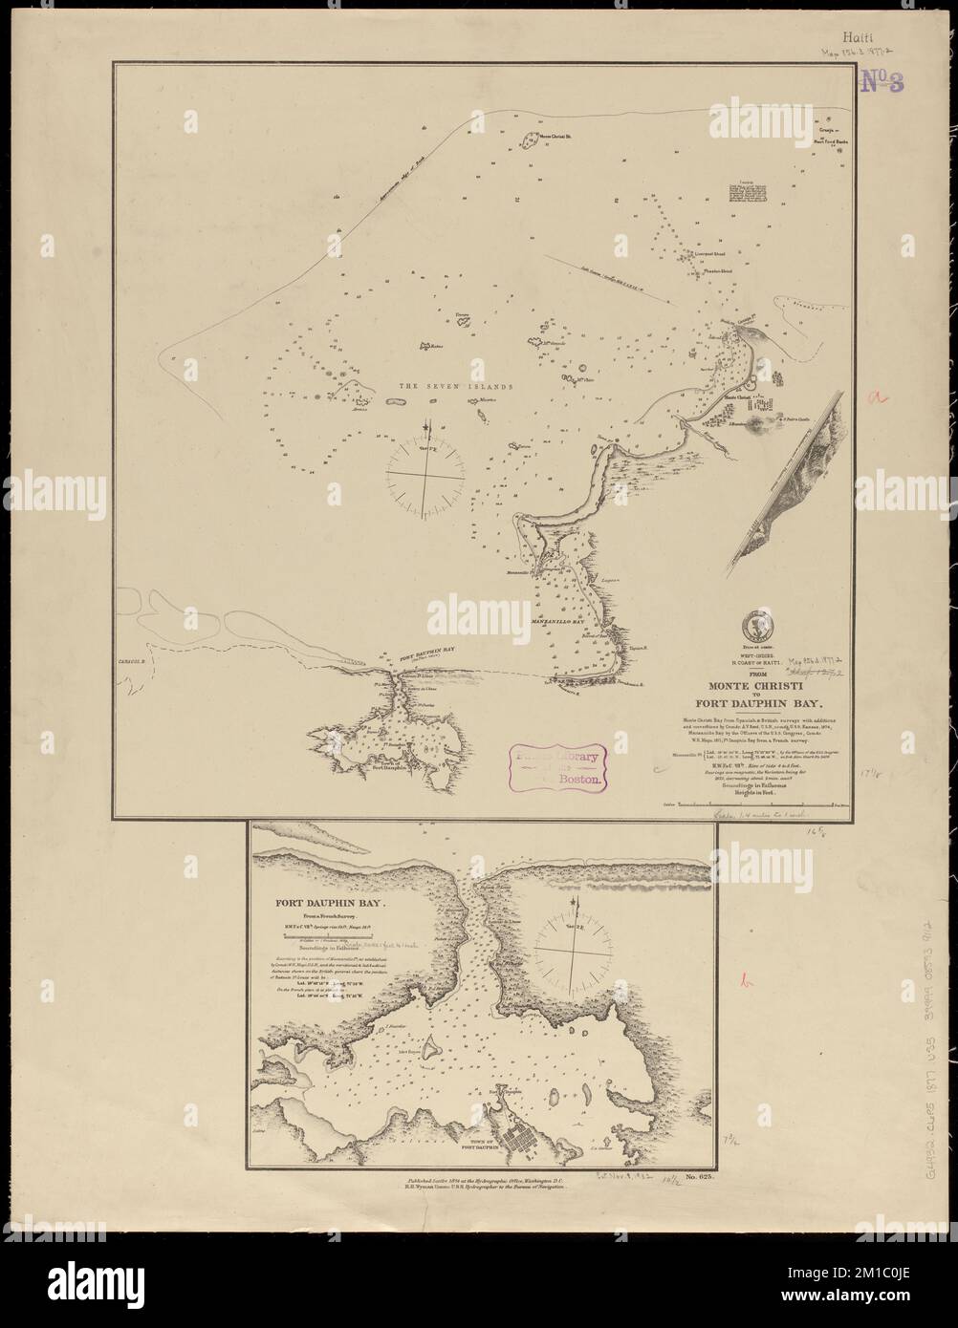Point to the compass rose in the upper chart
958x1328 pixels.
click(426, 469)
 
